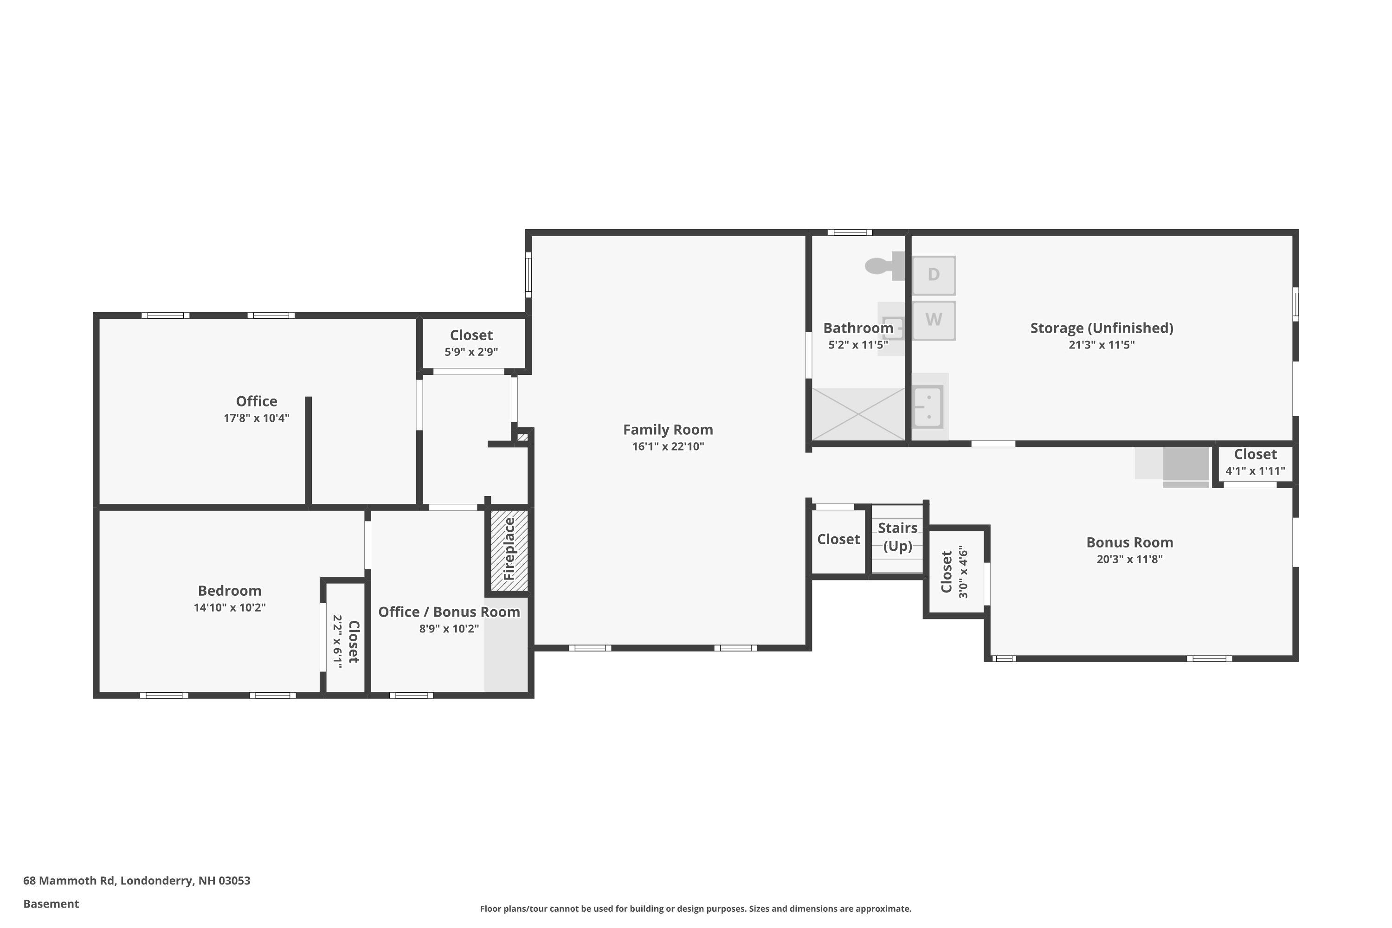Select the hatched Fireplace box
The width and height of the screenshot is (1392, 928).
pyautogui.click(x=509, y=550)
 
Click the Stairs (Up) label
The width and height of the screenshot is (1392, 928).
pyautogui.click(x=897, y=537)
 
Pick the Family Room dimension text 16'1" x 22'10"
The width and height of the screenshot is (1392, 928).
pyautogui.click(x=668, y=446)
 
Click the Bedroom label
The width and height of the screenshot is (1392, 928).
pyautogui.click(x=230, y=590)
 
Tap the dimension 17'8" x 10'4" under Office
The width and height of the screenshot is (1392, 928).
pyautogui.click(x=256, y=418)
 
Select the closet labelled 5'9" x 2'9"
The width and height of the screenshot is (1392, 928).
pyautogui.click(x=472, y=343)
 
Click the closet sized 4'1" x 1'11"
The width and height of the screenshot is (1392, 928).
pyautogui.click(x=1255, y=464)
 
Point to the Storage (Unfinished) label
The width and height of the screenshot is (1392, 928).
pyautogui.click(x=1102, y=328)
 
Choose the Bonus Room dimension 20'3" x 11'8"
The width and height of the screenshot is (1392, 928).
pyautogui.click(x=1129, y=559)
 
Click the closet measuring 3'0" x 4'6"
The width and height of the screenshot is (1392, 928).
pyautogui.click(x=956, y=572)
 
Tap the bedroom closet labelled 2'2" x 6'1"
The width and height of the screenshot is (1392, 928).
pyautogui.click(x=345, y=638)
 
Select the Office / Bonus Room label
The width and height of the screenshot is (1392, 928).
pyautogui.click(x=449, y=612)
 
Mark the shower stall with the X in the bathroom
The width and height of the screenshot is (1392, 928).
pyautogui.click(x=858, y=414)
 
